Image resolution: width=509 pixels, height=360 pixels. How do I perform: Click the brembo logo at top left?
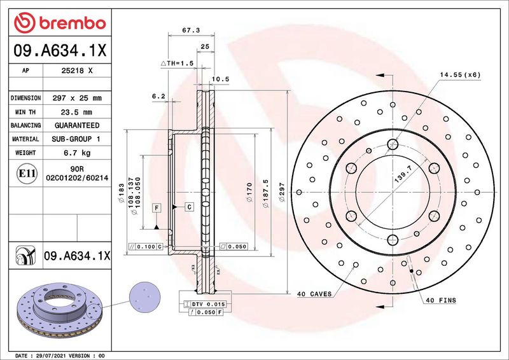60,23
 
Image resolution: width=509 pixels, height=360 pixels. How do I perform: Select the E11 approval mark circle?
26,174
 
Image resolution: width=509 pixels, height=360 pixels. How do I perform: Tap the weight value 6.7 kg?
77,153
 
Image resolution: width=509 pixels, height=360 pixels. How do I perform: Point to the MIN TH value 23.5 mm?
76,113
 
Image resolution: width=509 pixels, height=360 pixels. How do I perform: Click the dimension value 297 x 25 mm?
77,98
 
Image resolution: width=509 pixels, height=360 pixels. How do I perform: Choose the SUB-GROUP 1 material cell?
76,139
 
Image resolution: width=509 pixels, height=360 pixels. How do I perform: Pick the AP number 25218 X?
77,71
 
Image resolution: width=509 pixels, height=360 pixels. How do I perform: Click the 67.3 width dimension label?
191,30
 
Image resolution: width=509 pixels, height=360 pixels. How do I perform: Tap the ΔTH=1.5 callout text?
178,64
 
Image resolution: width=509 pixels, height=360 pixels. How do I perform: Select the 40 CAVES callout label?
314,294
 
